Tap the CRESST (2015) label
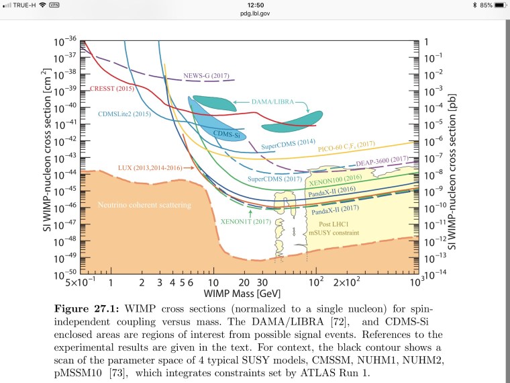coord(111,89)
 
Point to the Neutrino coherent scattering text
coord(144,204)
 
